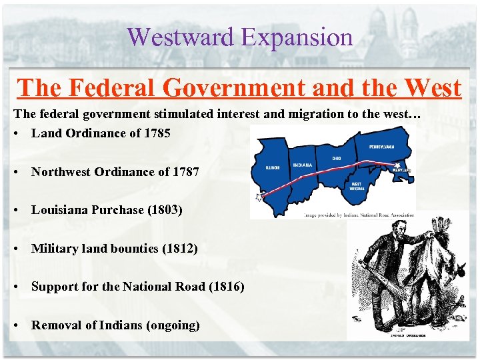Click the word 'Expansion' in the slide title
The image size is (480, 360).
[297, 37]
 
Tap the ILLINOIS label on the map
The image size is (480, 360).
[271, 167]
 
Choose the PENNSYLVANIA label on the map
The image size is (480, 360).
[381, 147]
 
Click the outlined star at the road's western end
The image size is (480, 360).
[259, 197]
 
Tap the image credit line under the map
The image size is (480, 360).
[360, 215]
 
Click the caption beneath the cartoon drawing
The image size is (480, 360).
[400, 335]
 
